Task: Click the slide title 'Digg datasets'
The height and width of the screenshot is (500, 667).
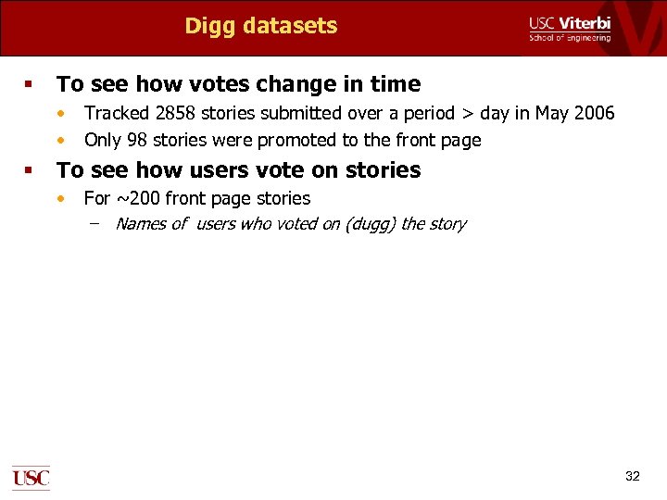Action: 260,26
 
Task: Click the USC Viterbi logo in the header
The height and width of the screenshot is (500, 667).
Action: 570,28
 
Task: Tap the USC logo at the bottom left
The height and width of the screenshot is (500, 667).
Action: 31,478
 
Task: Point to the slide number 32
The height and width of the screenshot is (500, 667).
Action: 633,476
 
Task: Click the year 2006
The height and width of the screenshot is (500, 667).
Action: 593,114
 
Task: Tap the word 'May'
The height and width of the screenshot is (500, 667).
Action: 547,114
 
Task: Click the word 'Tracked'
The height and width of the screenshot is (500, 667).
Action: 114,114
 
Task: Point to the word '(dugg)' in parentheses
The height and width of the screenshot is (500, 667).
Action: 371,224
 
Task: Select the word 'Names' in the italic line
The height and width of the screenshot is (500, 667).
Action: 141,224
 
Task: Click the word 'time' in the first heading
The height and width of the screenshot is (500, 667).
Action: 396,84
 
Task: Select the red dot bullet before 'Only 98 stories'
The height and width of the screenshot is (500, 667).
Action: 61,141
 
